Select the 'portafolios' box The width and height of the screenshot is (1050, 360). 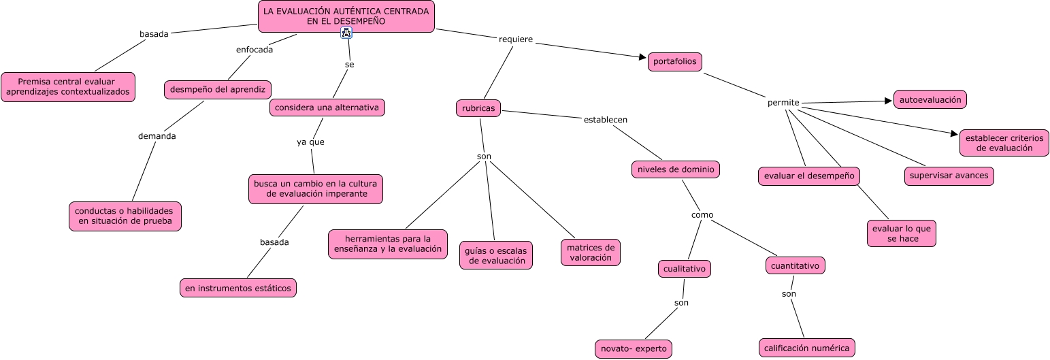(674, 62)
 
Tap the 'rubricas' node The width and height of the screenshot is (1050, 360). (478, 108)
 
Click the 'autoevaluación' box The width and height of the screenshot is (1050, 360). (930, 100)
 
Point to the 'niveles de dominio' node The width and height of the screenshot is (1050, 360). (676, 169)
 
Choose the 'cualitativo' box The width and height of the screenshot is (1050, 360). (685, 269)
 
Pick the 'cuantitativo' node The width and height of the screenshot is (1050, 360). (795, 265)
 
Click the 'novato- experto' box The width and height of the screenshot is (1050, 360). (633, 349)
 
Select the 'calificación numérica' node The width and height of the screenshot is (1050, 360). (806, 348)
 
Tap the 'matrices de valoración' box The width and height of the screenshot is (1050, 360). (590, 252)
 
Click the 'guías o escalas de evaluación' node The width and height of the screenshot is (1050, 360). (495, 255)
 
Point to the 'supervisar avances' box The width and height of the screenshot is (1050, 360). (949, 176)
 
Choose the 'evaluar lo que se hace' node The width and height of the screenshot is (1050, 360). (902, 233)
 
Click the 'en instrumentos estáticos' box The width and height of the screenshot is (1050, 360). (238, 288)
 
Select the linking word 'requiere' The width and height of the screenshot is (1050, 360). (516, 39)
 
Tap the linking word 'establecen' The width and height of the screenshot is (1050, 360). (605, 120)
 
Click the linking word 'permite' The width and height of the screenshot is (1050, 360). (783, 103)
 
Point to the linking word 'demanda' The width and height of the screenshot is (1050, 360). (157, 136)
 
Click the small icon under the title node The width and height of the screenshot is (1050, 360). (346, 33)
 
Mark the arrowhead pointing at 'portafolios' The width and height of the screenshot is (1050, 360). (642, 58)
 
